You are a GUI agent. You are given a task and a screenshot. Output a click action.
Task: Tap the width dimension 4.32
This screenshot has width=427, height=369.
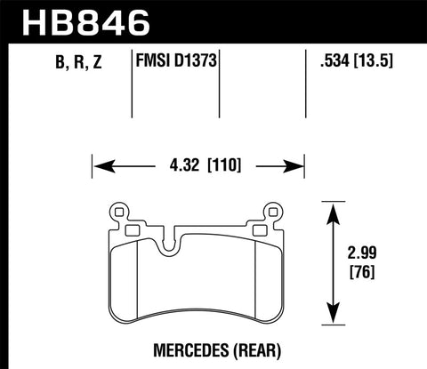pos(176,164)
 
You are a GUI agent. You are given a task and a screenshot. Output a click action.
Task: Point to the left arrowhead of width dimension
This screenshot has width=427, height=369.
pos(100,164)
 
